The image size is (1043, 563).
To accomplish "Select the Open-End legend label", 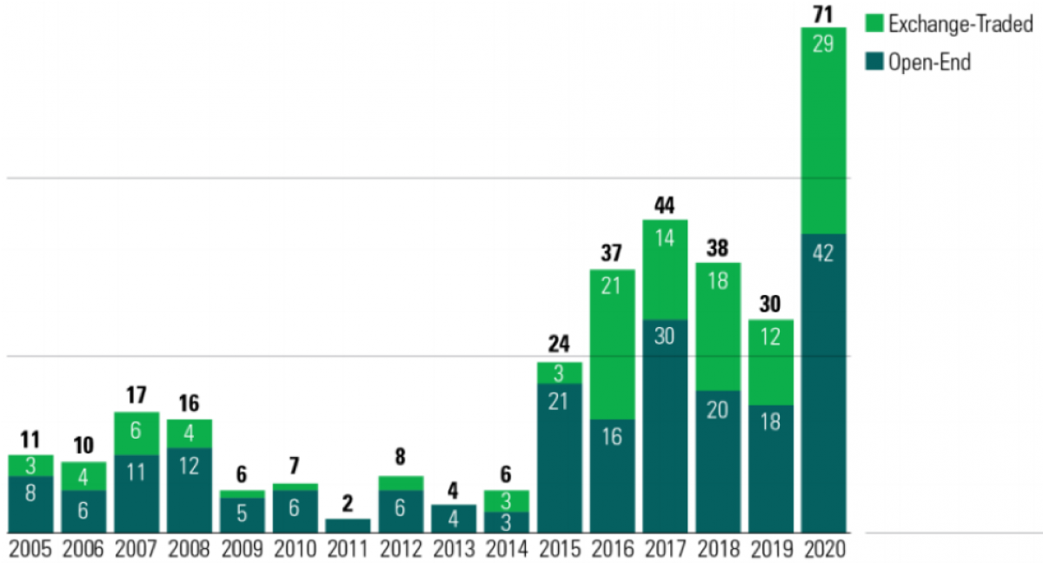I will point(928,62).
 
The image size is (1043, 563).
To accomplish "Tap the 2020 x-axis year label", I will point(823,550).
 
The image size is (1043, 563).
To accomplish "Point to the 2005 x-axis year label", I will point(30,550).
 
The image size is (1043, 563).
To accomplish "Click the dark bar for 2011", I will point(348,526).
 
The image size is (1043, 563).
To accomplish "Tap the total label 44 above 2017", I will point(665,205).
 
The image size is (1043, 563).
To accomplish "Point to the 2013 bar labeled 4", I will point(454,519).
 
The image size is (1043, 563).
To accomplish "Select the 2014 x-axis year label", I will point(506,550).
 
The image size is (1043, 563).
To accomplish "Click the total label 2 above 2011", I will point(348,504).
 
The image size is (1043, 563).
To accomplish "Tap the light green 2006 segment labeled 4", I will point(83,476).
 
